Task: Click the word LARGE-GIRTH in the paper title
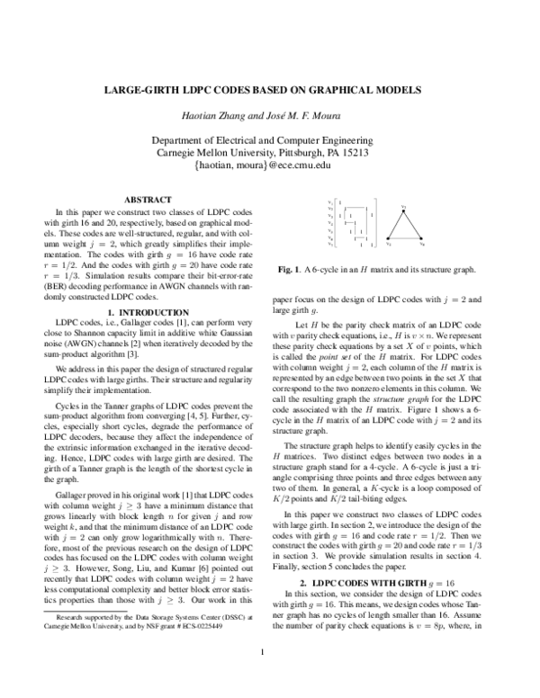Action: pos(143,91)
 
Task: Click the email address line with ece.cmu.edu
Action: pos(270,166)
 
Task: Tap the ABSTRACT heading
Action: pos(147,199)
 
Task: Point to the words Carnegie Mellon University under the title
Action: pos(234,153)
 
